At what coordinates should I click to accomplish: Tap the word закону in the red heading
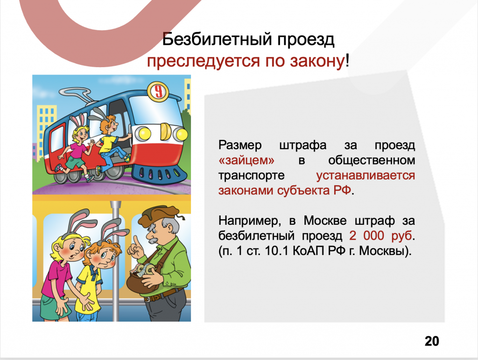click(317, 61)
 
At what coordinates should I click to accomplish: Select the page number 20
click(432, 341)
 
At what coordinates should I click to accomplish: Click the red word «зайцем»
click(246, 160)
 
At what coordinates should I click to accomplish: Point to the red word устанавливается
click(366, 176)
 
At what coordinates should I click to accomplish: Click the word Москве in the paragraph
click(325, 221)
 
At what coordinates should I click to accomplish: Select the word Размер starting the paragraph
click(240, 145)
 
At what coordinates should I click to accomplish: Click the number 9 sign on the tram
click(158, 91)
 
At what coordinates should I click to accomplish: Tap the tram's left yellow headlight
click(143, 133)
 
